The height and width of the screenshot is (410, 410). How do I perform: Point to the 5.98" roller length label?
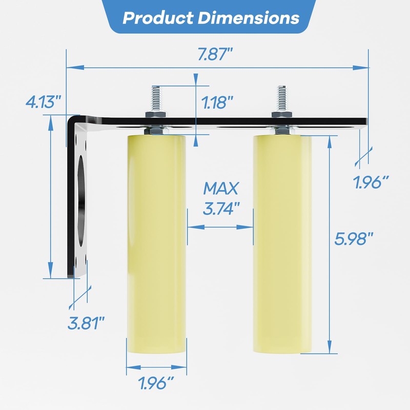pos(354,238)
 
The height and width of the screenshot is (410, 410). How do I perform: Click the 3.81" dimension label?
pos(86,323)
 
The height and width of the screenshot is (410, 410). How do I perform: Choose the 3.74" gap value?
pos(221,209)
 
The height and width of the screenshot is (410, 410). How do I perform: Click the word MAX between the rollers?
pos(221,188)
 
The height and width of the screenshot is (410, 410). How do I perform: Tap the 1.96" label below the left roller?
pos(155,382)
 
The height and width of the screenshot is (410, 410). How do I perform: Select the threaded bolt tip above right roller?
pos(281,95)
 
